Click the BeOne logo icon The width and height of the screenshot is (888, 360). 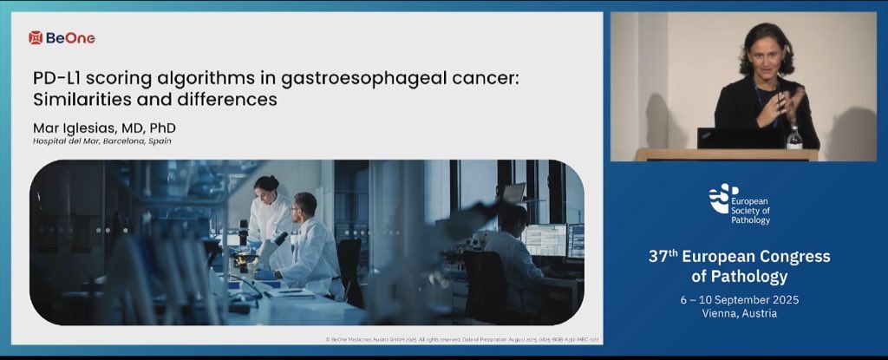coord(36,37)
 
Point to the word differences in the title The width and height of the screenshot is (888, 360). coord(232,100)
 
